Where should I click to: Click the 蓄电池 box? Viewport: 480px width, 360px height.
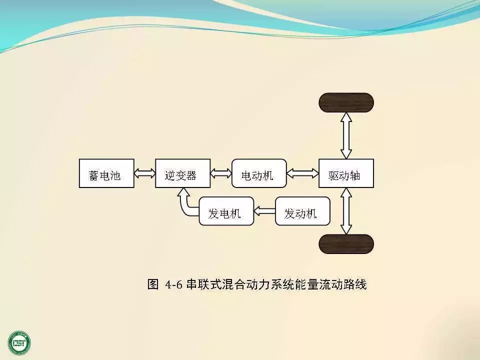point(106,173)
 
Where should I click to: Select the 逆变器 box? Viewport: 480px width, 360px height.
point(182,173)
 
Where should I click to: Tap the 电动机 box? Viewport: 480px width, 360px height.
point(259,173)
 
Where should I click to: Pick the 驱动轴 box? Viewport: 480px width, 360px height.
point(346,173)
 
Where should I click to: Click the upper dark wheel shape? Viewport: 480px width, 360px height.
point(346,102)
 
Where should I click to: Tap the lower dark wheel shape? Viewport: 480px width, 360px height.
point(346,244)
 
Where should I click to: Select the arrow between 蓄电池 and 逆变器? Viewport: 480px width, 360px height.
point(144,173)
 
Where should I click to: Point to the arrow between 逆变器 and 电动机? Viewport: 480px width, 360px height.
point(220,173)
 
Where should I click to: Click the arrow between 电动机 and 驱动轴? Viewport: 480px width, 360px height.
point(302,173)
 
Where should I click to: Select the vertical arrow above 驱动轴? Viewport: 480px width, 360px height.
point(346,135)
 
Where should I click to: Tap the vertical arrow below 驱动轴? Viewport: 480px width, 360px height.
point(346,211)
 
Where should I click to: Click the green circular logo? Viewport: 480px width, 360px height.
point(19,342)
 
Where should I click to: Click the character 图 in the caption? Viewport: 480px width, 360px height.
point(153,285)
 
